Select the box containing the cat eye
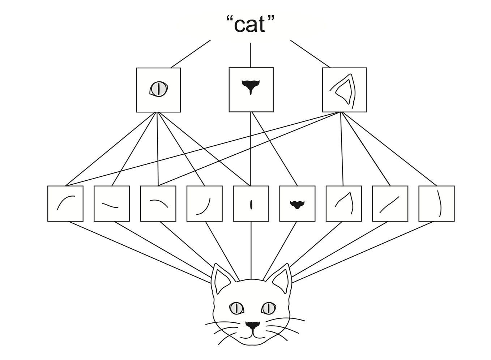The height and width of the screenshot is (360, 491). point(158,90)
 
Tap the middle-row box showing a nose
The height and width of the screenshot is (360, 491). point(251,90)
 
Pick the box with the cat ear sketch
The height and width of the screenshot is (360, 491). point(344,90)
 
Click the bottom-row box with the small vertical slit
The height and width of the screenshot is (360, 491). point(251,203)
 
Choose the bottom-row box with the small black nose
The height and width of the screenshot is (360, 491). point(297,203)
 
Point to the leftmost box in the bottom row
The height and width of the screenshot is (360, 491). point(65,203)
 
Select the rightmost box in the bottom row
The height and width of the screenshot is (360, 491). point(436,203)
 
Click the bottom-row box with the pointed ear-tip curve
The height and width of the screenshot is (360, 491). point(343,203)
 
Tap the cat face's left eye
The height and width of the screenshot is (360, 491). point(236,308)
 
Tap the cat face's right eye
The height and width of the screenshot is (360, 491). point(268,308)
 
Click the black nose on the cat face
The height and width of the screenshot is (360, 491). point(252,325)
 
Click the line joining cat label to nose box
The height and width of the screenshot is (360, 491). point(251,55)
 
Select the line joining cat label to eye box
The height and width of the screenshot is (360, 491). point(191,54)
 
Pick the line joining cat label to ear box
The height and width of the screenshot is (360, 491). point(310,54)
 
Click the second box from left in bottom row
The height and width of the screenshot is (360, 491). point(111,203)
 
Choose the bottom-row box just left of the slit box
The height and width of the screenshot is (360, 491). point(204,203)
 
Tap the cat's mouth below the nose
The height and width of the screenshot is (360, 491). point(252,335)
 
